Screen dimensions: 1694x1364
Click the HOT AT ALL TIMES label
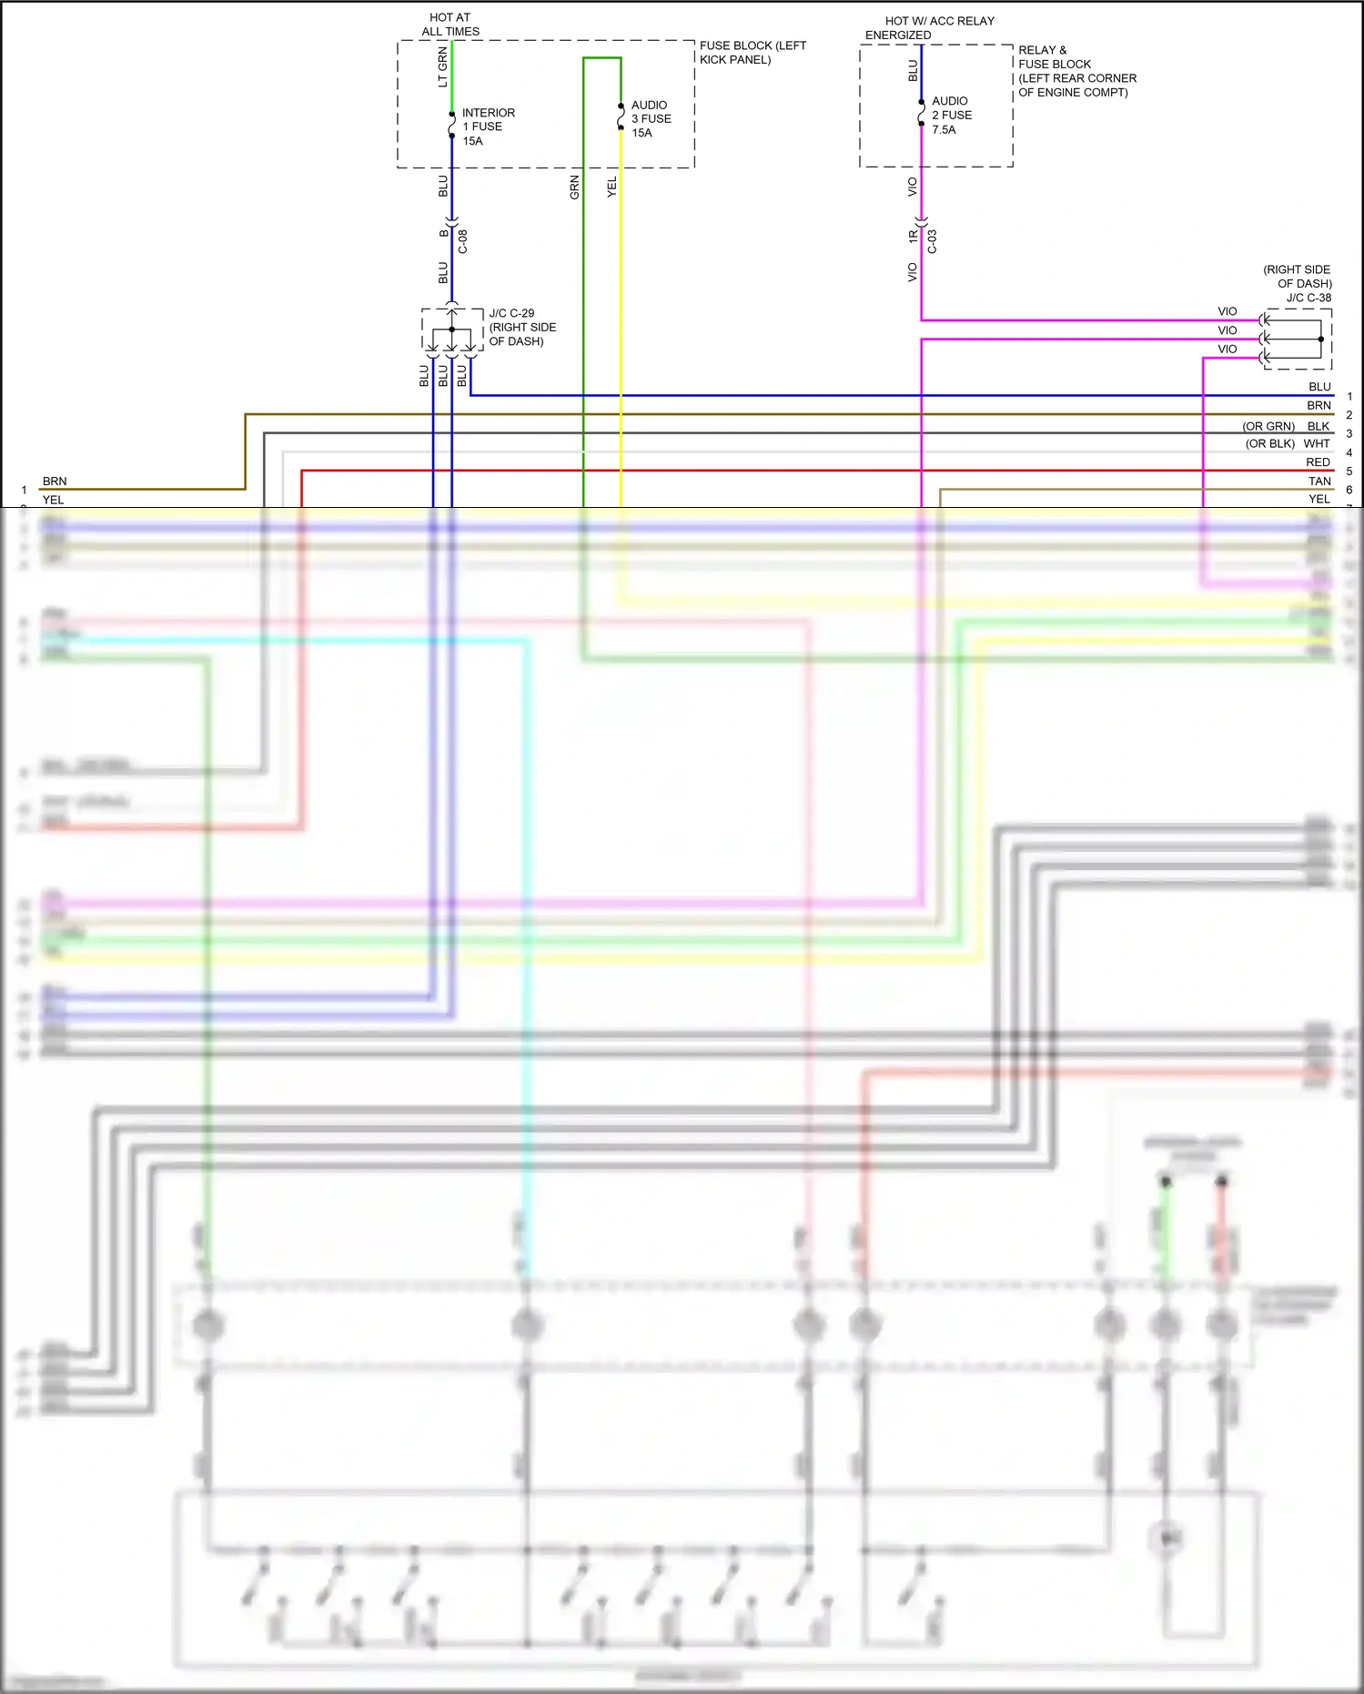[x=450, y=25]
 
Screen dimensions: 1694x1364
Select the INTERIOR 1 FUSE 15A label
[x=487, y=127]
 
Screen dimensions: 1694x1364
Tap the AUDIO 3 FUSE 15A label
[x=651, y=119]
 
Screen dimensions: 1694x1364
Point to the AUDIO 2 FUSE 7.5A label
[x=951, y=116]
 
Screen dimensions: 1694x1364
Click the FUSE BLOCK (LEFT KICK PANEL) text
[x=752, y=53]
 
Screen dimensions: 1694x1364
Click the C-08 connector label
[x=462, y=241]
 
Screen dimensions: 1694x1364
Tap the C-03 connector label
[x=932, y=241]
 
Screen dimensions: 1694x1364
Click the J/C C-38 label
[x=1308, y=298]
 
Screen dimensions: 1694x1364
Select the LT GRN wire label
[x=443, y=67]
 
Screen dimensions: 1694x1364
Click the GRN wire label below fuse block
[x=574, y=188]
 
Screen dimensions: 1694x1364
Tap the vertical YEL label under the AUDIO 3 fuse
[x=611, y=188]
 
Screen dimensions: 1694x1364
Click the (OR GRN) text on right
[x=1268, y=426]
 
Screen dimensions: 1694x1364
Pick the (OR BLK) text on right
[x=1269, y=444]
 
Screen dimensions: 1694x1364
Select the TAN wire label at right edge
[x=1319, y=482]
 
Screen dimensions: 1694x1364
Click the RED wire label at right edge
[x=1318, y=462]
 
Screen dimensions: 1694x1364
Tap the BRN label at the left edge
[x=55, y=482]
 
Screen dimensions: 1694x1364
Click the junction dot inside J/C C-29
[x=451, y=330]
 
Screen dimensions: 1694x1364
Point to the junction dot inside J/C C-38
[x=1321, y=340]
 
